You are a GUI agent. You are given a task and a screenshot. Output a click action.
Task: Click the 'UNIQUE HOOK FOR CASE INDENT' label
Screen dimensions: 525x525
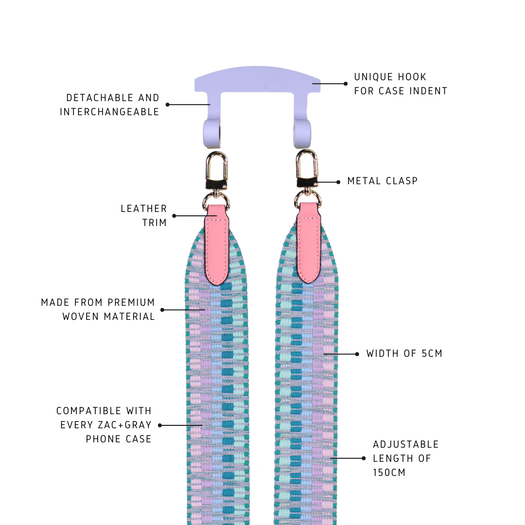pos(401,84)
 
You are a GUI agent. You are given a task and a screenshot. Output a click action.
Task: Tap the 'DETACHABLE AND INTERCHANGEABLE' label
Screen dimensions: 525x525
pos(110,105)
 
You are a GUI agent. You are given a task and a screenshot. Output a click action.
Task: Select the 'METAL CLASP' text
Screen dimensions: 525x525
pos(383,181)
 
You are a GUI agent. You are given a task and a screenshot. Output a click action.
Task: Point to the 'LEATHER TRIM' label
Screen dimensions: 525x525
pos(144,215)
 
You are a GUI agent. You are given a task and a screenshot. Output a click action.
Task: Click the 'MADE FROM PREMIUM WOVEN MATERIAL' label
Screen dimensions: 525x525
pos(98,309)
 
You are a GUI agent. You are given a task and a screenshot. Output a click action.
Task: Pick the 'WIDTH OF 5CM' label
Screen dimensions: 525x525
pos(404,353)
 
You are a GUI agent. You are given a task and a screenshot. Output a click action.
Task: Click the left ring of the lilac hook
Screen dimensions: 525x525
pos(212,133)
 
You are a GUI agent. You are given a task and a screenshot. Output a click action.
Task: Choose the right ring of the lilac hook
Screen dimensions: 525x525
pos(302,133)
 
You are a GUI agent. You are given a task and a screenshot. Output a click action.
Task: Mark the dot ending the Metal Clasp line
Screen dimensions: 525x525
pos(338,182)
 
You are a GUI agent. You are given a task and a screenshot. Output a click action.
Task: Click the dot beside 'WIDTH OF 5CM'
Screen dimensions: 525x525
pos(357,354)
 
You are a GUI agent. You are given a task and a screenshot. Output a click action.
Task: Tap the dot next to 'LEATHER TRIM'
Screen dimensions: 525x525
pos(174,216)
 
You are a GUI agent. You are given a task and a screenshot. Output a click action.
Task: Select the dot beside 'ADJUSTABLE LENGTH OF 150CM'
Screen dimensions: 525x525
pos(364,458)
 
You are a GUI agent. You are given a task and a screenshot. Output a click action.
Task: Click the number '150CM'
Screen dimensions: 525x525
pos(389,472)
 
